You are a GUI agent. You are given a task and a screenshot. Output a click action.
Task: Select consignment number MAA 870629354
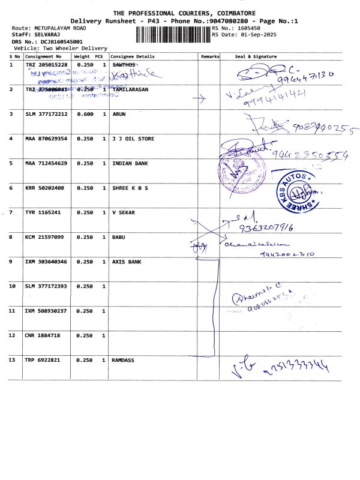click(x=46, y=139)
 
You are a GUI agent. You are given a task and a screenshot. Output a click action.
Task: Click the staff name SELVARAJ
click(x=43, y=35)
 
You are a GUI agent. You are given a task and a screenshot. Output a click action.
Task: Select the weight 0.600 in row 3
click(x=83, y=113)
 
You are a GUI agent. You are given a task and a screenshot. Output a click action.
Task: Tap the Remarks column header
click(x=210, y=56)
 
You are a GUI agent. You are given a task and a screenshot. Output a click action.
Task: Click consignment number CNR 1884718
click(x=42, y=335)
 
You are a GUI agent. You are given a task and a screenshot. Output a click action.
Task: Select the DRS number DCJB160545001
click(x=62, y=41)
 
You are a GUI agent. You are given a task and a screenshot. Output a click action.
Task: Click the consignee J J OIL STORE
click(x=133, y=139)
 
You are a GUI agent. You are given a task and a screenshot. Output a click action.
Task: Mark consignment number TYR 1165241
click(x=42, y=212)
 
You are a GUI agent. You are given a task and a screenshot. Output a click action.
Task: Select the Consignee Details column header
click(x=133, y=56)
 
